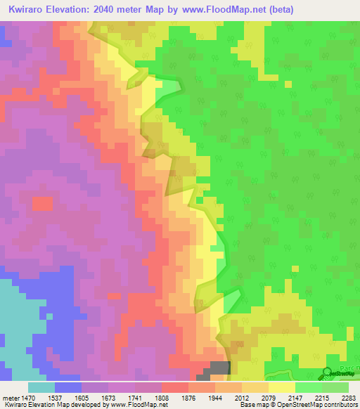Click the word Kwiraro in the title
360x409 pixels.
coord(29,9)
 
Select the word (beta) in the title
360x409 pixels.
coord(278,9)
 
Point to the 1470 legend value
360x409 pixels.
coord(27,397)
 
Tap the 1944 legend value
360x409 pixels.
coord(205,397)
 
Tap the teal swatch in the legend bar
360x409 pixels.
coord(41,387)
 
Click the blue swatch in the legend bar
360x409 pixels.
coord(67,387)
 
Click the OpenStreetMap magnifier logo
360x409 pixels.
coord(328,373)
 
